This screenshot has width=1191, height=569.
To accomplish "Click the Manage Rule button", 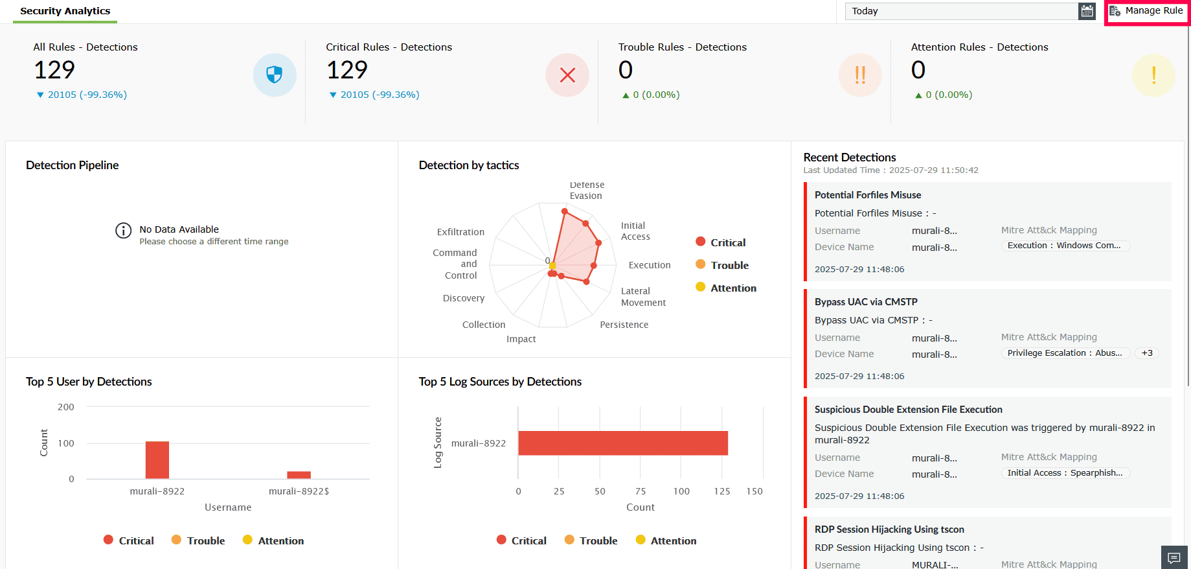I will [x=1146, y=11].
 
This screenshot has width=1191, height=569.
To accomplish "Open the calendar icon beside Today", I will [x=1087, y=11].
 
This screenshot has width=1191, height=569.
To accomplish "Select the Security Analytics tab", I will [x=65, y=11].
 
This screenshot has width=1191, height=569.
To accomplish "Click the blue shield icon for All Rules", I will [x=275, y=75].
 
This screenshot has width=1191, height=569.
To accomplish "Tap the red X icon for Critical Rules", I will [x=567, y=75].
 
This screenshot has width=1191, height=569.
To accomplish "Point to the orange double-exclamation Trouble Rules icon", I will [x=860, y=75].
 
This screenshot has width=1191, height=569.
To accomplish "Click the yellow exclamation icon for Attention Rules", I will [x=1153, y=75].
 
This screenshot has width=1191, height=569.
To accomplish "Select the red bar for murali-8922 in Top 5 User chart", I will [x=157, y=459].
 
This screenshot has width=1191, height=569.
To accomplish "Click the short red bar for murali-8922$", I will [x=299, y=474].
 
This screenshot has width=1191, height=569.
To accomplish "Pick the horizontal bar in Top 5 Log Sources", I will [x=622, y=443].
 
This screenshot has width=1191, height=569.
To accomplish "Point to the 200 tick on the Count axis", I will [x=66, y=407].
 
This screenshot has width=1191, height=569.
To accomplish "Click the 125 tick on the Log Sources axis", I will [x=722, y=491].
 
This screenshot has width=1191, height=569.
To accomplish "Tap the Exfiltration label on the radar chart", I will [x=460, y=232].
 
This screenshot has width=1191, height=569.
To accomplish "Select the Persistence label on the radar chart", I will [x=624, y=325].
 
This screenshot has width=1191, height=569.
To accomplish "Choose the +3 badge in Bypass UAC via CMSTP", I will [x=1147, y=353].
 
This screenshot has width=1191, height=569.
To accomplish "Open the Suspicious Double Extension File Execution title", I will [x=908, y=410].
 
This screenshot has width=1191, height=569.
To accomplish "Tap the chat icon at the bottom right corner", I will [x=1174, y=557].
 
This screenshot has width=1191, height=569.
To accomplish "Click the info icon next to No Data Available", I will [x=123, y=231].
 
